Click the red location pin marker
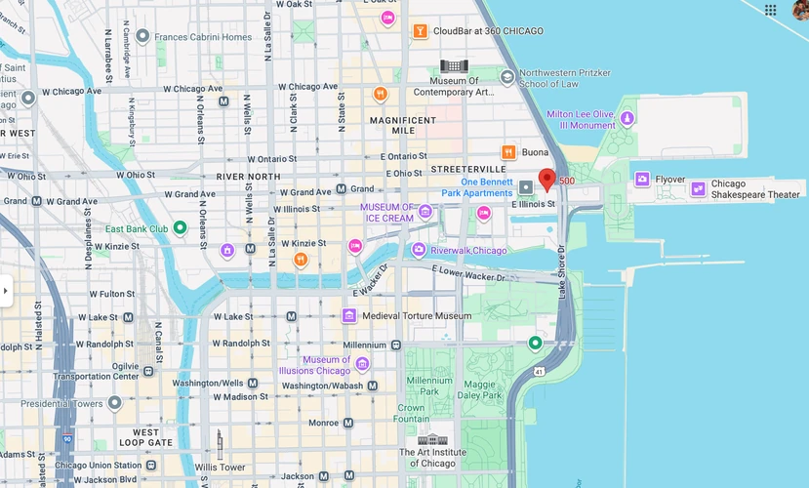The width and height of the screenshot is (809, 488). point(546,179)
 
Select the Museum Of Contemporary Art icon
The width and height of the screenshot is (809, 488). point(453,65)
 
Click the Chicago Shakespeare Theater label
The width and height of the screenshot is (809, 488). point(754,189)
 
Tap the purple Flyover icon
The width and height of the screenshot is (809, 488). point(642,179)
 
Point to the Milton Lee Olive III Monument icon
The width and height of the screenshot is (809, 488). point(627,118)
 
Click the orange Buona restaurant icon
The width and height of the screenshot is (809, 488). point(507,152)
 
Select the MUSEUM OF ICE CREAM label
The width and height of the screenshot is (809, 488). point(387,212)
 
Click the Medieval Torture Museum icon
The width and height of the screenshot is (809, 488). point(348,315)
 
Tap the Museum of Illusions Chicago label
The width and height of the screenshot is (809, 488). point(326,365)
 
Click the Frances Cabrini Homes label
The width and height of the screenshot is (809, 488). point(202,37)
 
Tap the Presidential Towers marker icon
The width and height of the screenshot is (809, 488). point(114,402)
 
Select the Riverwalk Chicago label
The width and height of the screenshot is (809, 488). point(468,251)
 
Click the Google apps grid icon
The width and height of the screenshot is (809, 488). point(771,10)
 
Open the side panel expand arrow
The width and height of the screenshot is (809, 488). point(6,291)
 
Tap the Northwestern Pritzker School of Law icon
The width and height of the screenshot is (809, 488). point(506,77)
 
